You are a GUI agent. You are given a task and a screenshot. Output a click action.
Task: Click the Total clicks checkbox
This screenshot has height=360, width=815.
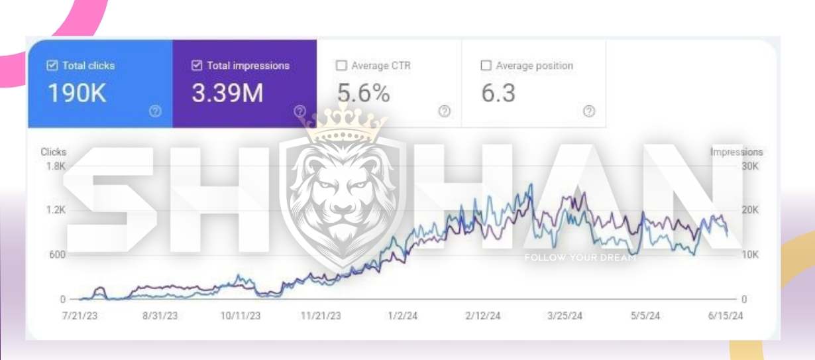(52, 66)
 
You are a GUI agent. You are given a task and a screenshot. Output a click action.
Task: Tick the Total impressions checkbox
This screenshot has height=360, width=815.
(196, 66)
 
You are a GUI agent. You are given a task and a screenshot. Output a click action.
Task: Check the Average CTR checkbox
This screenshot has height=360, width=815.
(341, 66)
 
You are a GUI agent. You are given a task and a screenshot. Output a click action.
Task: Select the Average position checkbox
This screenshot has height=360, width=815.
(486, 66)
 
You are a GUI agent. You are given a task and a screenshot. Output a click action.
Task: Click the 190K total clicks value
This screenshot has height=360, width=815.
(77, 94)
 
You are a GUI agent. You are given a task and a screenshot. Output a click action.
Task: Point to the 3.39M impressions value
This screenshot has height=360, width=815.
(227, 94)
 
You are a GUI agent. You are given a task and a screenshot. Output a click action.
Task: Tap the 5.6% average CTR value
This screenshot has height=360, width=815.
(364, 94)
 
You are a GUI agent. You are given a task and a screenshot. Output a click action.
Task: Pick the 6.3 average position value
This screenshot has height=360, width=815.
(498, 94)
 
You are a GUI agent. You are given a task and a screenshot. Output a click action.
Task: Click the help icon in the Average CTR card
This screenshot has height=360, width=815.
(445, 112)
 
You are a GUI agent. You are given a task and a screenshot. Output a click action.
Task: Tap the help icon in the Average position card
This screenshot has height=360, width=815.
(589, 112)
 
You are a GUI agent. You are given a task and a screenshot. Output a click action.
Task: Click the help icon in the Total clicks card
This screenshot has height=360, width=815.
(155, 112)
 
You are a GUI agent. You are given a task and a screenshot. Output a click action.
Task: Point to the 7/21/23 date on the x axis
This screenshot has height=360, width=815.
(80, 316)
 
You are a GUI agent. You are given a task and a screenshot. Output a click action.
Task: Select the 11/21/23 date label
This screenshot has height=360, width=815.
(321, 316)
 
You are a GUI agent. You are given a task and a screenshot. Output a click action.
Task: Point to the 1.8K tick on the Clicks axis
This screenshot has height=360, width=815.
(55, 166)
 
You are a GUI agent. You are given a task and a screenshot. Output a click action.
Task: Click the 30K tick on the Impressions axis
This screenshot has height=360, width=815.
(749, 166)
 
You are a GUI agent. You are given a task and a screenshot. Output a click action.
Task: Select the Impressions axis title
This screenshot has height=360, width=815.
(736, 152)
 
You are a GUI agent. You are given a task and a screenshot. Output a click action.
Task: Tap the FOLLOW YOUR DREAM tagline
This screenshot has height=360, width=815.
(580, 257)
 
